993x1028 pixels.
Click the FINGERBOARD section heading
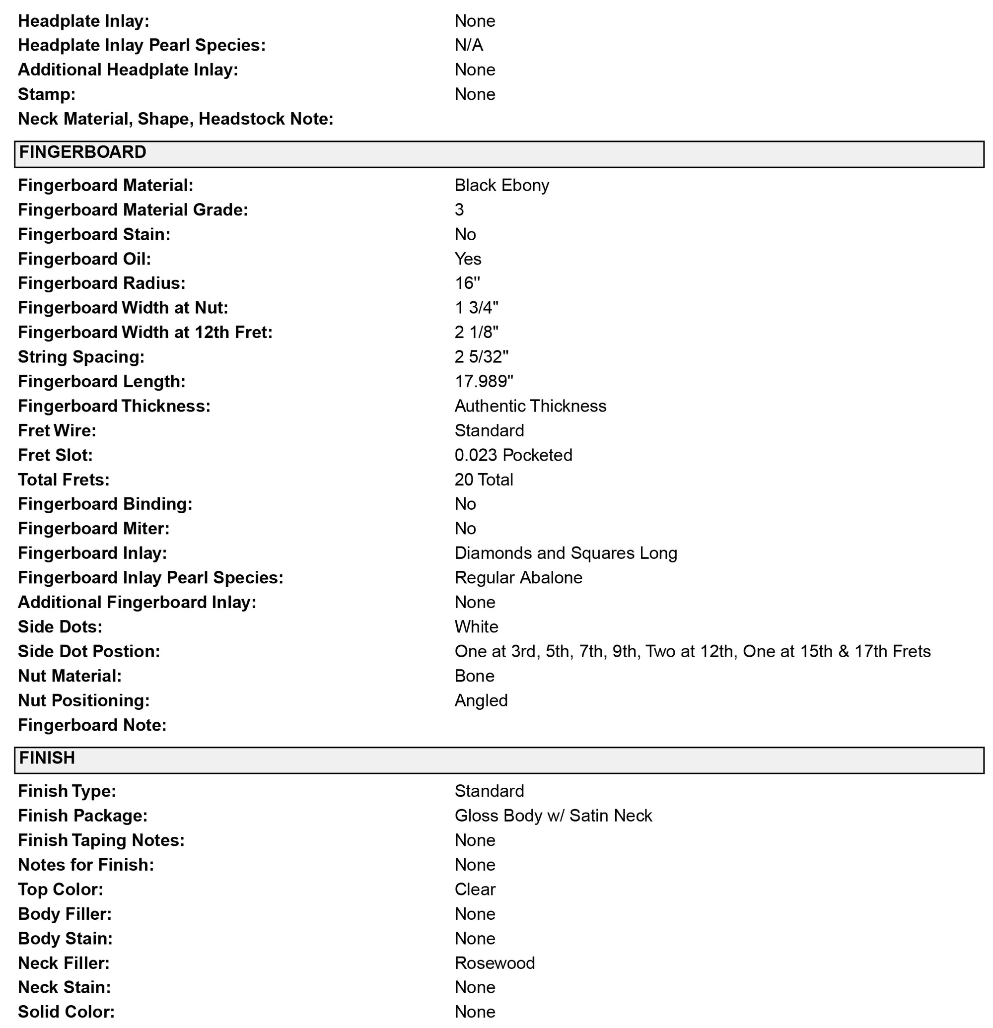tap(82, 152)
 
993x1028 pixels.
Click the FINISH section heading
tap(47, 758)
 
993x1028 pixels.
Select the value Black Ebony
tap(501, 185)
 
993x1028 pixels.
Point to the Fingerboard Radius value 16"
tap(467, 283)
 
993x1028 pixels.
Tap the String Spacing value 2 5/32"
tap(481, 357)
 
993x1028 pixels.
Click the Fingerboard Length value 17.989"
tap(484, 381)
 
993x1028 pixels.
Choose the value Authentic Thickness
tap(530, 406)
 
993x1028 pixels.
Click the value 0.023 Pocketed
tap(513, 455)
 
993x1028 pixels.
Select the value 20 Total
tap(484, 480)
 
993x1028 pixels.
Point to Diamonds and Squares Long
tap(566, 553)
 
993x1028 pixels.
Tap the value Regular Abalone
tap(518, 577)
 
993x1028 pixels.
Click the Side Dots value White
tap(476, 627)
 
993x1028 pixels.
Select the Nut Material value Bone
tap(474, 676)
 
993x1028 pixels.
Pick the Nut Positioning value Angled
tap(481, 700)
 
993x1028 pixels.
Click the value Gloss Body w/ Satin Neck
tap(553, 816)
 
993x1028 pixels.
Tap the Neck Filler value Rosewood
tap(494, 963)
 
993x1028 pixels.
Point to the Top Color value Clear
tap(475, 889)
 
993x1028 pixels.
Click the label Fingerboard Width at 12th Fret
tap(145, 333)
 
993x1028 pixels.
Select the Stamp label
tap(47, 94)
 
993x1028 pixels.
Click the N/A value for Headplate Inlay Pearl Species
tap(468, 45)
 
